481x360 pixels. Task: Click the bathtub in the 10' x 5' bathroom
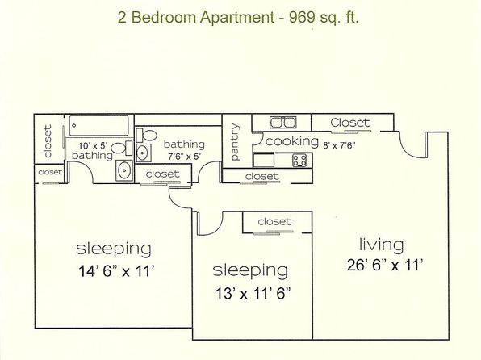(98, 126)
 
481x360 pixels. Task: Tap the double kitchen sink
(282, 123)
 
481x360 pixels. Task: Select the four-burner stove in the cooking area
(299, 160)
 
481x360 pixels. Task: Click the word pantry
(235, 142)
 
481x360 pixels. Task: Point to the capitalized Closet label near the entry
(350, 123)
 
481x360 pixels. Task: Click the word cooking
(291, 141)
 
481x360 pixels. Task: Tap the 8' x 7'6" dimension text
(339, 145)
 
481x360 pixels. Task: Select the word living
(381, 245)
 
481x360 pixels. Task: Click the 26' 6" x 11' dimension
(385, 265)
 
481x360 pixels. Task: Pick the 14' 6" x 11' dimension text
(116, 271)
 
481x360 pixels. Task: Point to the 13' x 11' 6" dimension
(253, 293)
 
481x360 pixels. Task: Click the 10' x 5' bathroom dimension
(92, 146)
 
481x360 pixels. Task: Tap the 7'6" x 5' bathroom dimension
(184, 157)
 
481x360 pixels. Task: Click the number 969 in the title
(302, 17)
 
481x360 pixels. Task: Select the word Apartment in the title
(237, 18)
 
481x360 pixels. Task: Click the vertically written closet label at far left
(48, 141)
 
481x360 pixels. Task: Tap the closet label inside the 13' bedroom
(274, 221)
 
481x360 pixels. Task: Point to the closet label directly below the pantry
(261, 176)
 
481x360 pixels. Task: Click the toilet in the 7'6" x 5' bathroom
(146, 135)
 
